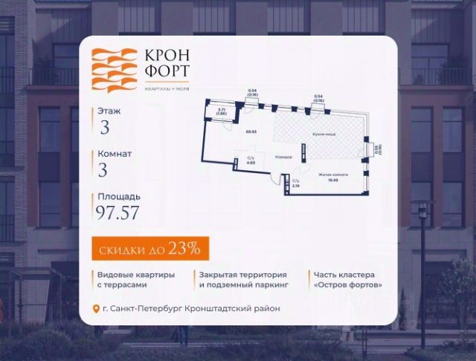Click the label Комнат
click(115, 154)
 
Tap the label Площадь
click(118, 198)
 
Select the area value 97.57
click(118, 215)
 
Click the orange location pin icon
click(94, 309)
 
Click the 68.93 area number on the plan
click(251, 131)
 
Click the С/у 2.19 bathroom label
click(295, 184)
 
